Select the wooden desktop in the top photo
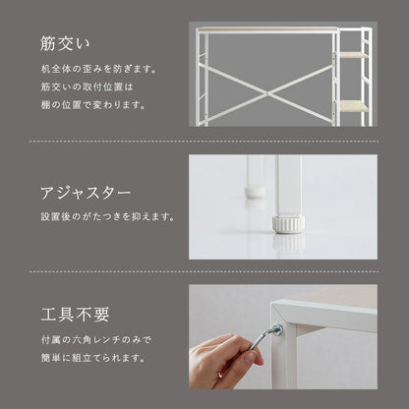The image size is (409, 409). tap(265, 32)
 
